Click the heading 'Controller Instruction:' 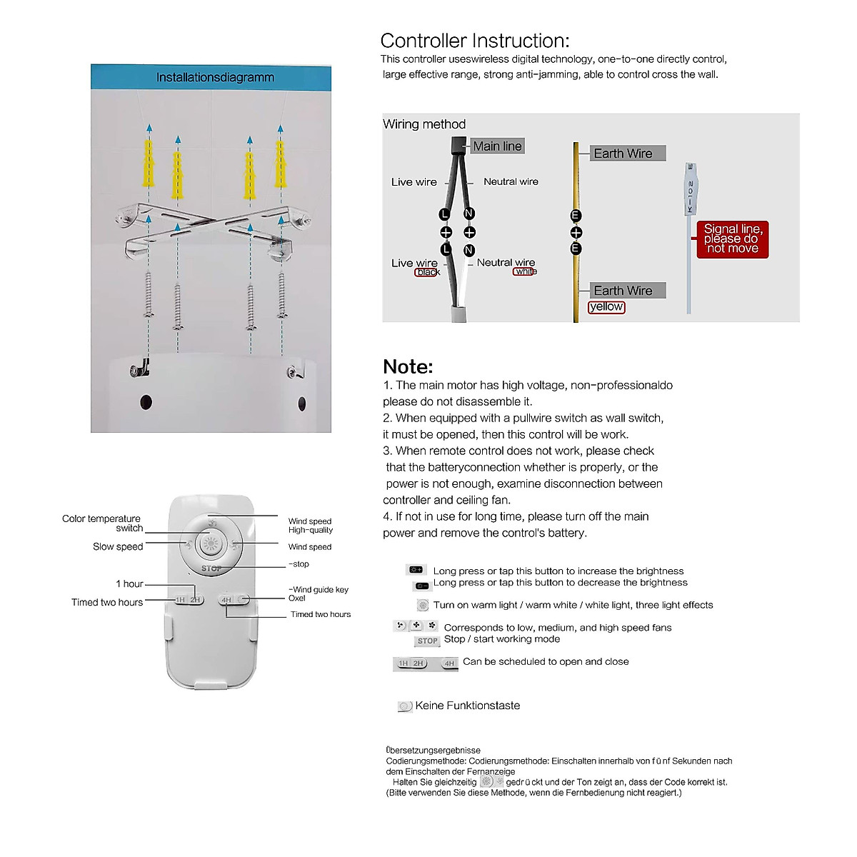pyautogui.click(x=474, y=41)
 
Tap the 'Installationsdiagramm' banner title pyautogui.click(x=215, y=77)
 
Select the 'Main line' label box pyautogui.click(x=498, y=146)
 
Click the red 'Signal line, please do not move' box pyautogui.click(x=732, y=239)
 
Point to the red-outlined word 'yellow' pyautogui.click(x=606, y=307)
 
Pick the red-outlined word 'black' pyautogui.click(x=427, y=272)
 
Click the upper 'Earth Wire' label pyautogui.click(x=623, y=154)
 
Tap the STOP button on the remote pyautogui.click(x=211, y=568)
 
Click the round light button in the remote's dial pyautogui.click(x=210, y=544)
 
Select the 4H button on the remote pyautogui.click(x=227, y=600)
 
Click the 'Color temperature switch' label pyautogui.click(x=102, y=523)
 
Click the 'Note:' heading pyautogui.click(x=408, y=366)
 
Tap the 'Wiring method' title pyautogui.click(x=424, y=124)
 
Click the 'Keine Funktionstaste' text pyautogui.click(x=468, y=706)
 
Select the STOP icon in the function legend pyautogui.click(x=427, y=641)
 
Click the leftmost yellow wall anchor pyautogui.click(x=149, y=163)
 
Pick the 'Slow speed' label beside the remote pyautogui.click(x=118, y=547)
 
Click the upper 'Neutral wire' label pyautogui.click(x=511, y=182)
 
